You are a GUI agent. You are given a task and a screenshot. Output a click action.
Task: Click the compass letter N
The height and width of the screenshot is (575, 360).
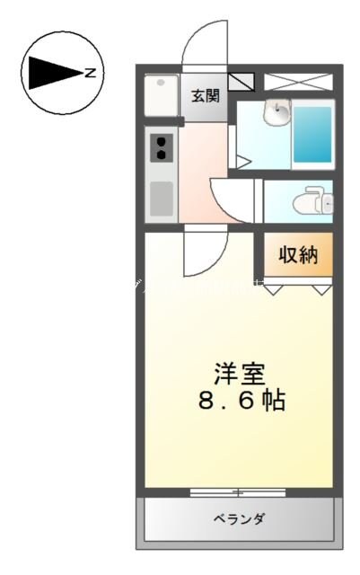pos(91,73)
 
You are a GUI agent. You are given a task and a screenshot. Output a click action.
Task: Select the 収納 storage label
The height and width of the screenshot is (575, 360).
pos(297,255)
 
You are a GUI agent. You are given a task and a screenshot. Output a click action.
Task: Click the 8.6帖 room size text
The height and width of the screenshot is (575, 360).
pos(240,399)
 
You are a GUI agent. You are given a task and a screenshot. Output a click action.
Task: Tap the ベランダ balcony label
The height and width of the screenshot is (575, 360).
pos(239,518)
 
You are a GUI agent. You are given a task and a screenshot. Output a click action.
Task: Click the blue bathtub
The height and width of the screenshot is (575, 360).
pos(312,135)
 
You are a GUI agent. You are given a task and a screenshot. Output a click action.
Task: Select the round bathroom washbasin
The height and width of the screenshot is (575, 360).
pos(277,114)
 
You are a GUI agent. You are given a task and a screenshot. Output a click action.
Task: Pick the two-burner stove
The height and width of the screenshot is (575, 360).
pos(162,147)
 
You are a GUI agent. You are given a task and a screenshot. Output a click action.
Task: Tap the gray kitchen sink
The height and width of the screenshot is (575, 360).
pos(162,199)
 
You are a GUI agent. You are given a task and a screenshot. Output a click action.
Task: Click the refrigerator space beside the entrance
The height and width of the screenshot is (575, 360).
pos(162,93)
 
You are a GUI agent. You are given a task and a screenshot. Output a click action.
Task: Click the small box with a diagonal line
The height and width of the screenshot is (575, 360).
pos(241,83)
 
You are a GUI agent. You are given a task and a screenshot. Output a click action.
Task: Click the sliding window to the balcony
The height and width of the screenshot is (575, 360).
pos(238,492)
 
